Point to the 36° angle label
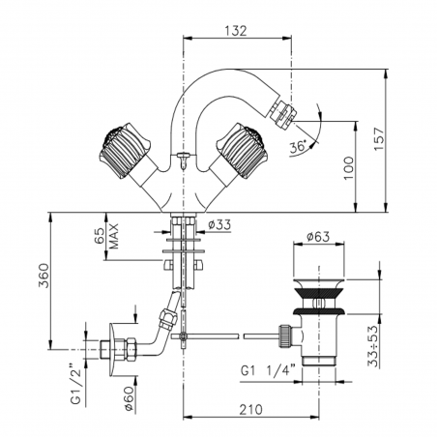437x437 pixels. [298, 147]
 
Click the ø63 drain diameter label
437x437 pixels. [317, 235]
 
